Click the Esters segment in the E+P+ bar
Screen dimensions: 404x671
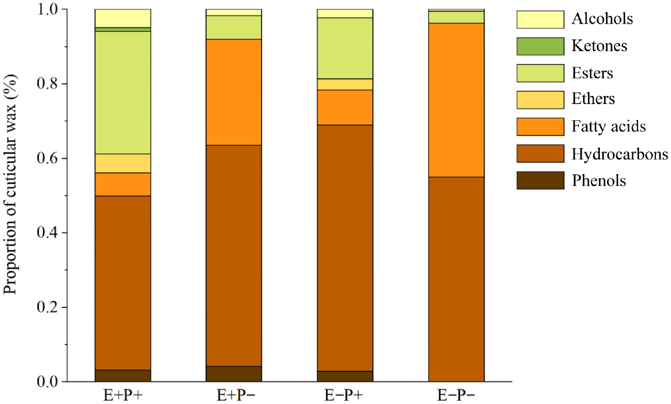click(x=123, y=93)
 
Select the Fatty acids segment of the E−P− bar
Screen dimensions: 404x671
click(x=456, y=100)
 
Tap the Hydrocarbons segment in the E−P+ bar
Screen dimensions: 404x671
click(x=345, y=248)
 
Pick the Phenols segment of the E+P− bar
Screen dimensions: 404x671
click(x=234, y=374)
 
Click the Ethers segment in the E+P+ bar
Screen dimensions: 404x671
click(x=123, y=164)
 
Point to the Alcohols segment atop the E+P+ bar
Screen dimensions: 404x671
click(x=123, y=18)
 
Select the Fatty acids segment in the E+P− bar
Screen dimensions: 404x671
click(x=234, y=92)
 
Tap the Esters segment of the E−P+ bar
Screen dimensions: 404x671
click(x=345, y=48)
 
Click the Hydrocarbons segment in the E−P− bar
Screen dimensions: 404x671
click(x=456, y=279)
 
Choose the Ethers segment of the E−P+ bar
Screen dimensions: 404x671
click(x=345, y=85)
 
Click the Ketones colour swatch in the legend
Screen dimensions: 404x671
click(x=540, y=46)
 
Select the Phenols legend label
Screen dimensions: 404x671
click(x=598, y=181)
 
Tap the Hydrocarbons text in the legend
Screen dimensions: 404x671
click(x=619, y=154)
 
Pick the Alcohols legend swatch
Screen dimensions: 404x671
click(x=540, y=19)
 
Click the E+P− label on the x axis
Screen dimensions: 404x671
click(x=236, y=395)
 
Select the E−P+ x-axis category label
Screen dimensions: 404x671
click(x=344, y=395)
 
